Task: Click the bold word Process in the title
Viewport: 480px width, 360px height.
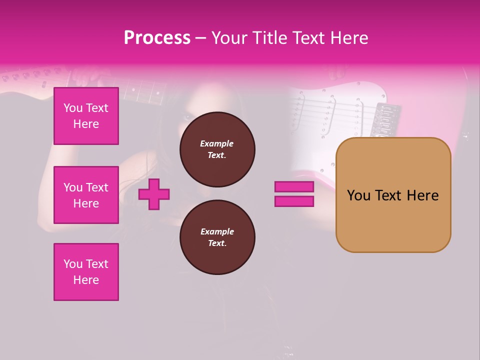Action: (157, 38)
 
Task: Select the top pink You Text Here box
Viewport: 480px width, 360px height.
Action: (86, 116)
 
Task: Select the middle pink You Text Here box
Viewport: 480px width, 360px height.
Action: (86, 195)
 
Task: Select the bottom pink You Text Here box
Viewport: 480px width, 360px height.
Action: (86, 271)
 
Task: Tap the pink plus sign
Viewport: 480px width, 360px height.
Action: (154, 194)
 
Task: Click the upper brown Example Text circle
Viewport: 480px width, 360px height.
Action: (217, 149)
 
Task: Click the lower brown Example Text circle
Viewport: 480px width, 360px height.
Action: (217, 237)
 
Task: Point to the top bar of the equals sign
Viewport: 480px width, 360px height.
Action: (294, 186)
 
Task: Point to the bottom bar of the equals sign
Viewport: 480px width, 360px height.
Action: (294, 201)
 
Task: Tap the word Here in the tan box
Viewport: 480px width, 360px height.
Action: (423, 195)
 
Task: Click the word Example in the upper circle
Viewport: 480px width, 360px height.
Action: (217, 143)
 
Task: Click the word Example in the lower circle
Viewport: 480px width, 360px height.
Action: (217, 231)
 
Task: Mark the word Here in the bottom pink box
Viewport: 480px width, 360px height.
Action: (86, 280)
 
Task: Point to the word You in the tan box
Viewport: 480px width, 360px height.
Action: (358, 195)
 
